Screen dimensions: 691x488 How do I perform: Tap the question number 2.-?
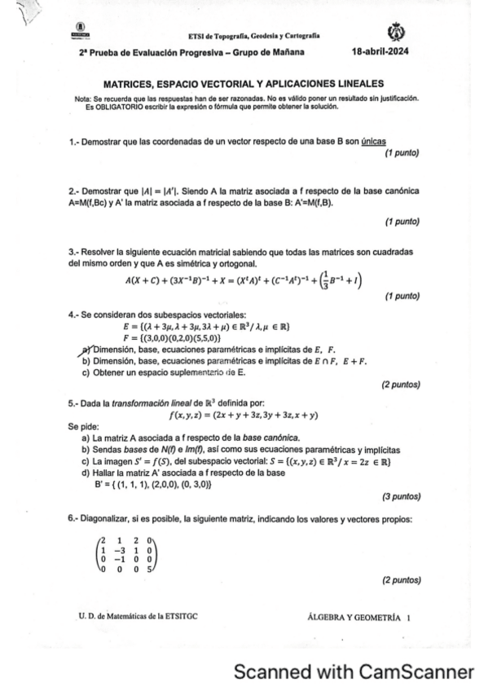pyautogui.click(x=74, y=191)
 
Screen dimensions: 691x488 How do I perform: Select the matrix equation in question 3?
pyautogui.click(x=244, y=280)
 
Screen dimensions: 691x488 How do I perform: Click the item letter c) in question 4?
pyautogui.click(x=86, y=372)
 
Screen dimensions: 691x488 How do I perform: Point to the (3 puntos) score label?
pyautogui.click(x=400, y=495)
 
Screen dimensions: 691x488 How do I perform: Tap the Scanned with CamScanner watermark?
pyautogui.click(x=353, y=672)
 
